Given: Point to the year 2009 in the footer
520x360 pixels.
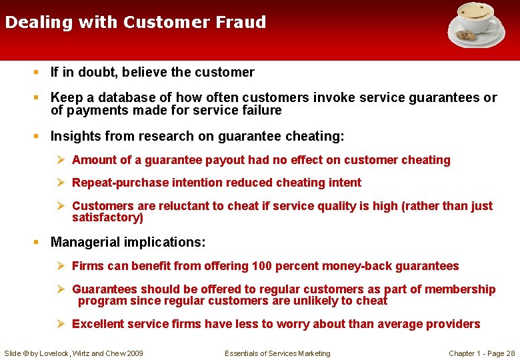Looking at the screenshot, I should [134, 353].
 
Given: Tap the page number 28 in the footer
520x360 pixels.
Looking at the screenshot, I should [510, 353].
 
